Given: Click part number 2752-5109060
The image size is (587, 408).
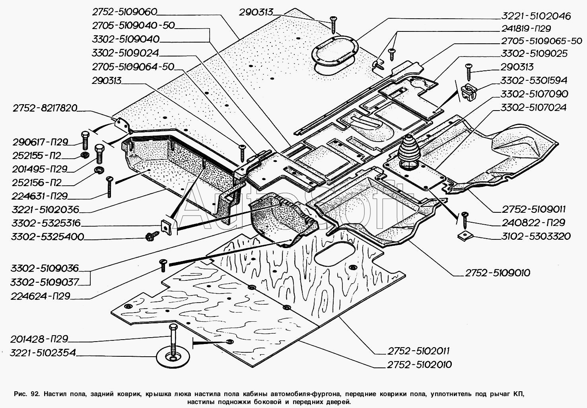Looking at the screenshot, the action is tap(124, 12).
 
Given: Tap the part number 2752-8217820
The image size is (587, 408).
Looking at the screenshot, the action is tap(45, 108).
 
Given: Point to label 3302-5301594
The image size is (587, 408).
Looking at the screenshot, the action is tap(534, 80).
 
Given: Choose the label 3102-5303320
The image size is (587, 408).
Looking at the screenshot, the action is tap(536, 236).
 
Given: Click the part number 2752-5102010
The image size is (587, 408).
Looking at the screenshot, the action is tap(419, 365).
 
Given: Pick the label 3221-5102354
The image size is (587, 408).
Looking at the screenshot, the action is tap(43, 353).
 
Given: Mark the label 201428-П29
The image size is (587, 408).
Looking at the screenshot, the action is tap(39, 339).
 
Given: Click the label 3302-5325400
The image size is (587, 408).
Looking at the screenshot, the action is tap(47, 237).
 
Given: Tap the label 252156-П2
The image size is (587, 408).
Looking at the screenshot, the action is tap(37, 183).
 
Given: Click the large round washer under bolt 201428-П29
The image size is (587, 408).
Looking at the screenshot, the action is tap(173, 357).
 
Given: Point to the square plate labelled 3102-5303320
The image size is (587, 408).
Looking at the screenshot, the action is tap(465, 236).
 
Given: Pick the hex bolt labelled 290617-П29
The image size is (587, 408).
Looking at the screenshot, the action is tap(85, 140).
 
